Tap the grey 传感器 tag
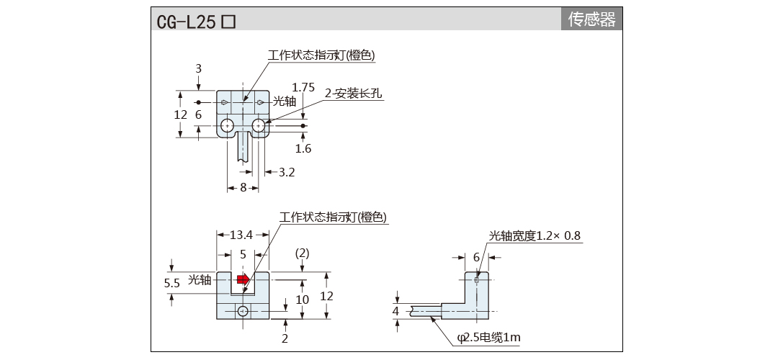[592, 19]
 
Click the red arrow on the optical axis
[243, 279]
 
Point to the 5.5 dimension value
[172, 283]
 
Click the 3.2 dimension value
[286, 172]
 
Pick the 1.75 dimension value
[303, 87]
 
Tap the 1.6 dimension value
[303, 148]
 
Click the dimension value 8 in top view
[243, 187]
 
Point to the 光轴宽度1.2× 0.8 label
[535, 235]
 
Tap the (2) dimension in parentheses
[303, 253]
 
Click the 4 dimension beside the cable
[395, 310]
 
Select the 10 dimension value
[303, 300]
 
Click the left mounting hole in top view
[227, 127]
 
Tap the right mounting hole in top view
[259, 127]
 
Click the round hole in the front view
[243, 311]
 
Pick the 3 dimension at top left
[198, 68]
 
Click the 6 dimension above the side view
[476, 257]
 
